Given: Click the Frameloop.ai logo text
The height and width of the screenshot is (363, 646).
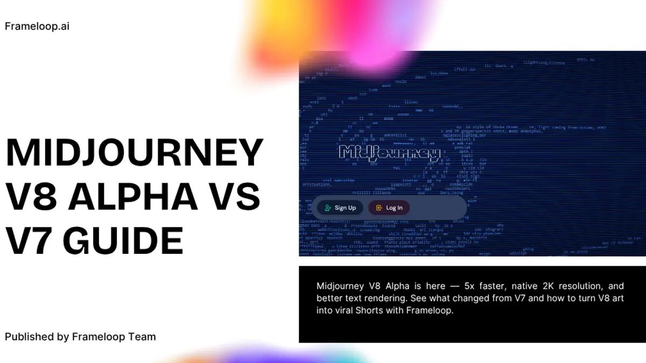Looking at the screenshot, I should click(37, 26).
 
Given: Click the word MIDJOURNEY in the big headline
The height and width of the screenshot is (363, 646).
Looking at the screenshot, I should click(135, 153).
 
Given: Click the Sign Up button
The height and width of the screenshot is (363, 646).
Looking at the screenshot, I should click(340, 208).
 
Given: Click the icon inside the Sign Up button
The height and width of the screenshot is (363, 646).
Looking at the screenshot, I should click(328, 208).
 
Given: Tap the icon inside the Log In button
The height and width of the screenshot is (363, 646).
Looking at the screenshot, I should click(379, 208).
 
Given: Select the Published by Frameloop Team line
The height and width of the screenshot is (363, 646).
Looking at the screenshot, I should click(80, 337).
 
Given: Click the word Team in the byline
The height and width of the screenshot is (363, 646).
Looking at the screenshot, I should click(142, 337).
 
